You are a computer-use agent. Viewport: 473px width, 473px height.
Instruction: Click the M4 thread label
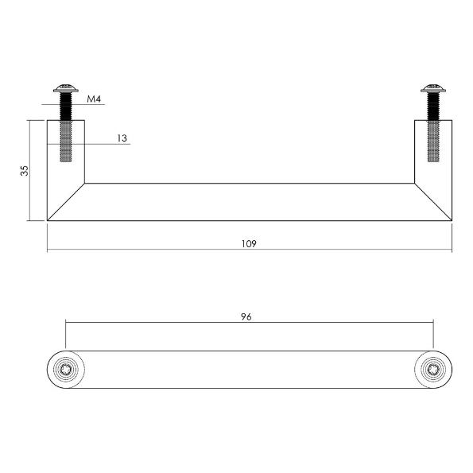(x=95, y=99)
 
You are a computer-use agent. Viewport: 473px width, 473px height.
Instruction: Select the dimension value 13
(x=122, y=138)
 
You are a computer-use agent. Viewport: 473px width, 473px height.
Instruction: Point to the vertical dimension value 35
(x=25, y=171)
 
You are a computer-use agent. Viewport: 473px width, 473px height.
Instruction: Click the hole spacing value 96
(x=246, y=316)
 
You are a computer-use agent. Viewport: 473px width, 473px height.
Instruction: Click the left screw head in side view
(x=65, y=89)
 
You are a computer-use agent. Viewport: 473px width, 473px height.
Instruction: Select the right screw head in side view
(x=433, y=89)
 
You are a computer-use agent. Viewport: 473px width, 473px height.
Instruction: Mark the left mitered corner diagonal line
(x=66, y=202)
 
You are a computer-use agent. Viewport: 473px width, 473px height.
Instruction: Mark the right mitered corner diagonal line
(x=433, y=202)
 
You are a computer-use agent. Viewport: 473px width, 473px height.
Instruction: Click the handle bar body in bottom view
(x=249, y=369)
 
